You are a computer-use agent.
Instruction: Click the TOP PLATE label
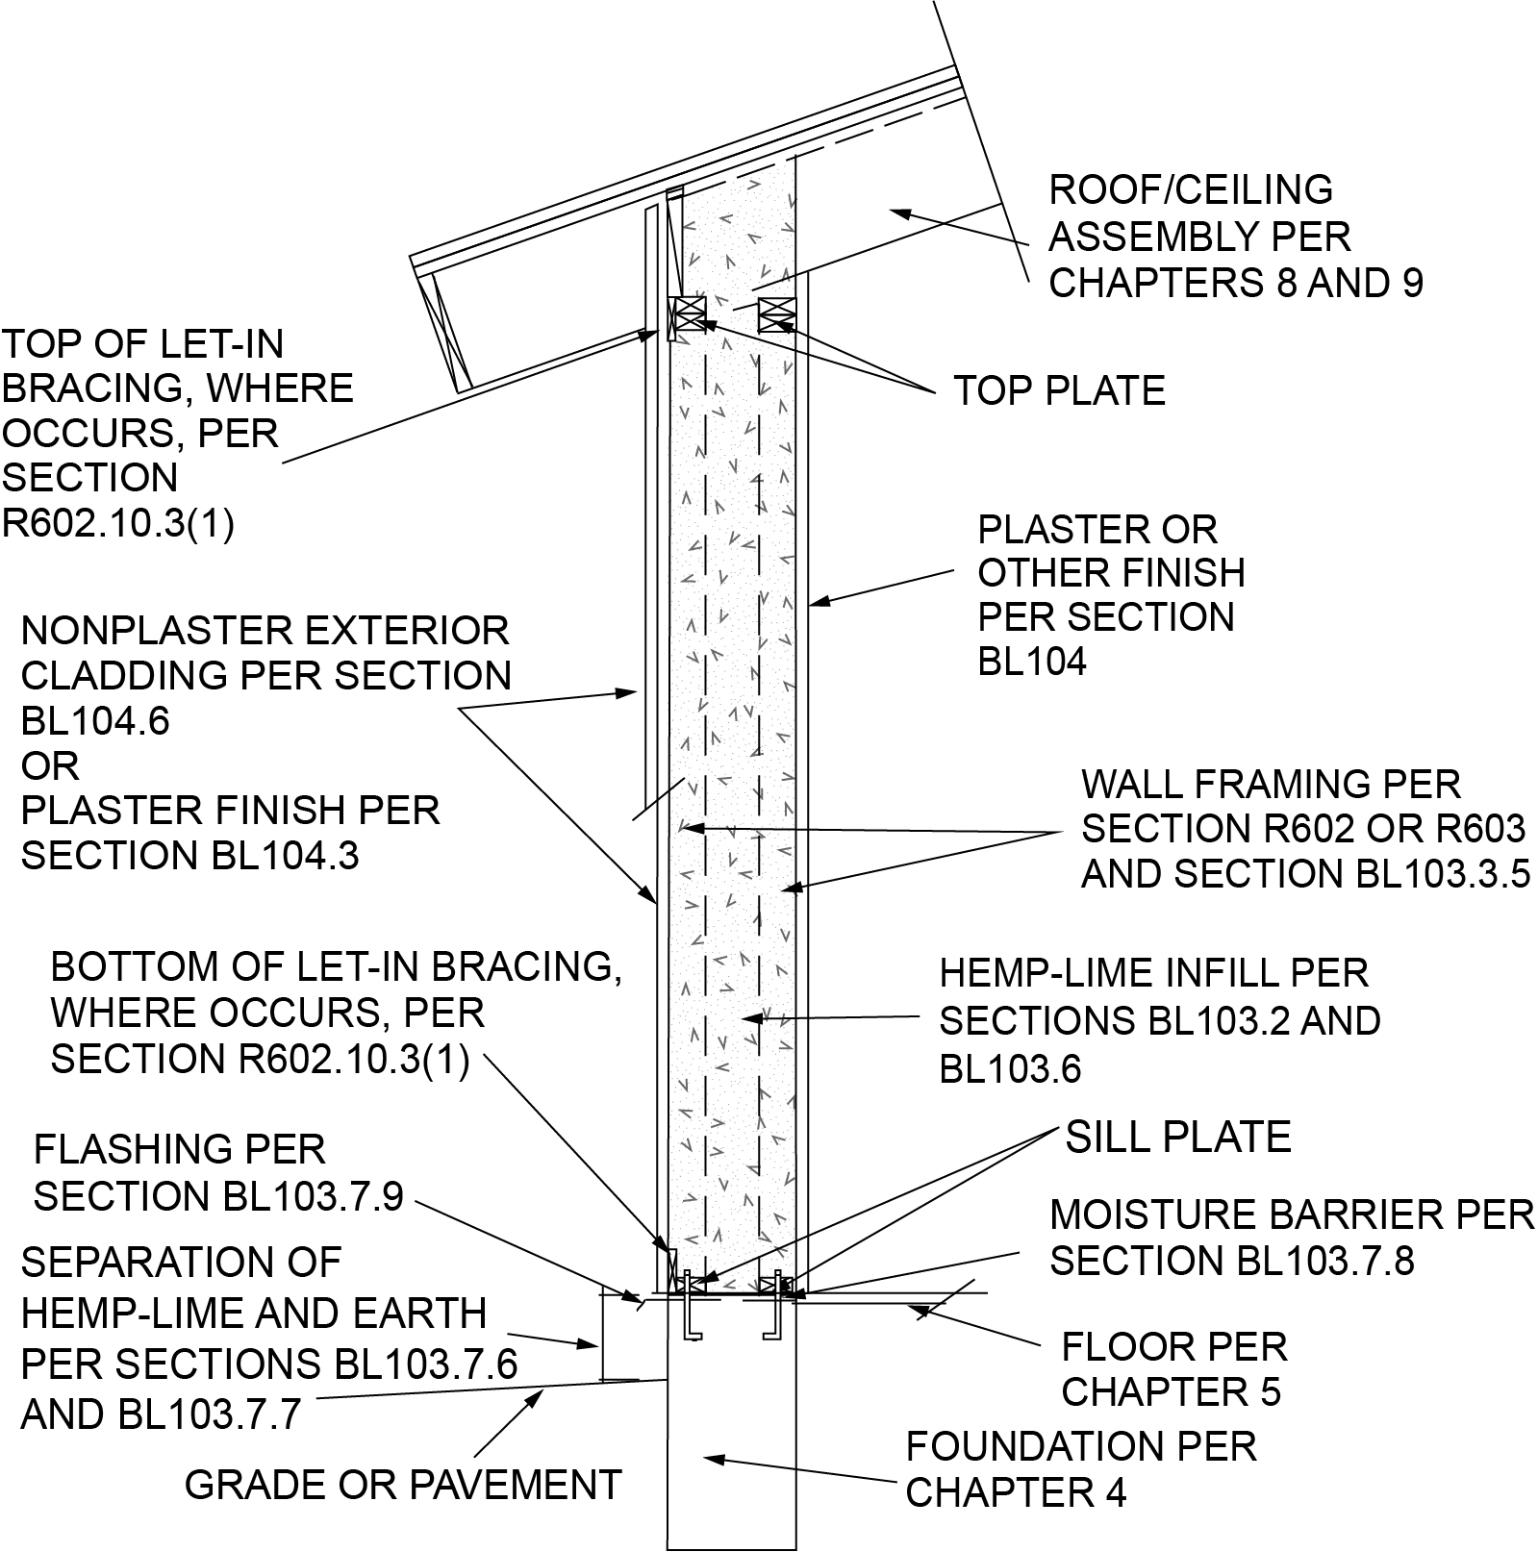pyautogui.click(x=1059, y=391)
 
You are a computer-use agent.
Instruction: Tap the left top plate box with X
pyautogui.click(x=689, y=314)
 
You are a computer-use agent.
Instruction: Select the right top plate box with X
pyautogui.click(x=777, y=314)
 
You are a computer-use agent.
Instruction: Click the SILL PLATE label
pyautogui.click(x=1177, y=1138)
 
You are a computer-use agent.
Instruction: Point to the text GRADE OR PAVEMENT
pyautogui.click(x=403, y=1485)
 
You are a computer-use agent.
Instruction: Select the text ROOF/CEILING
pyautogui.click(x=1190, y=189)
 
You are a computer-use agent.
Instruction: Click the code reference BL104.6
pyautogui.click(x=95, y=720)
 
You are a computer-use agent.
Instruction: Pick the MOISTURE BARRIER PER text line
pyautogui.click(x=1291, y=1215)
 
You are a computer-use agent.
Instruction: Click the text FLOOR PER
pyautogui.click(x=1173, y=1346)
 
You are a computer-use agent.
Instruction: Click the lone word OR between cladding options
pyautogui.click(x=50, y=766)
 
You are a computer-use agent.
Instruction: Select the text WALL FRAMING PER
pyautogui.click(x=1271, y=785)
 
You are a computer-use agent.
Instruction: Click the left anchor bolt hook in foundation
pyautogui.click(x=688, y=1324)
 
